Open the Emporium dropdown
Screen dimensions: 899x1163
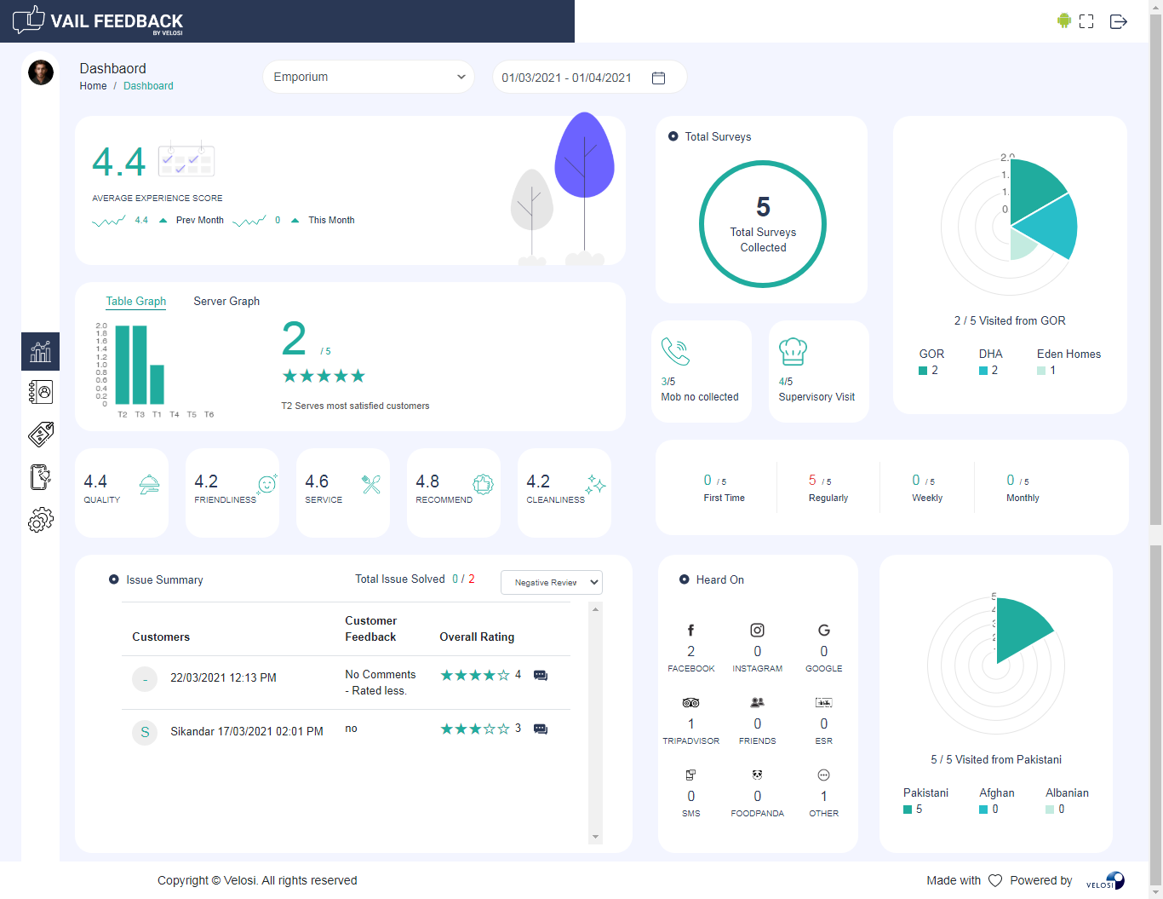pos(368,77)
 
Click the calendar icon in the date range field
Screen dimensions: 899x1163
pos(658,78)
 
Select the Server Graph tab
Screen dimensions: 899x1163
pos(226,301)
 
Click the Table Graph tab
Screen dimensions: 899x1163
pos(136,301)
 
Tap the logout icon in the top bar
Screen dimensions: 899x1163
pos(1119,21)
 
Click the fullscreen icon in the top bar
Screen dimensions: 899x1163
pos(1086,21)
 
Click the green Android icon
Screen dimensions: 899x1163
pos(1063,20)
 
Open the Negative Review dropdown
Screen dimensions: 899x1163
pos(551,582)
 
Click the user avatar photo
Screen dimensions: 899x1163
pos(41,72)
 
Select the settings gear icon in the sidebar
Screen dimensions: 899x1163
pos(40,520)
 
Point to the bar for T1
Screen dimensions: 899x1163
pos(157,384)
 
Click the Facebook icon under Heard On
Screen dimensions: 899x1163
pos(690,631)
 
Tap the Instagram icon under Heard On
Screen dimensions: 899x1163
pos(757,631)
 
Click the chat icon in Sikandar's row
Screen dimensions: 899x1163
pos(541,729)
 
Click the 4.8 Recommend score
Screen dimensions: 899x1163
pos(427,482)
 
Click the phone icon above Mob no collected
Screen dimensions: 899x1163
pos(675,351)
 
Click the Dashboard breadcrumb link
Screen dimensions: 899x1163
pos(148,86)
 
